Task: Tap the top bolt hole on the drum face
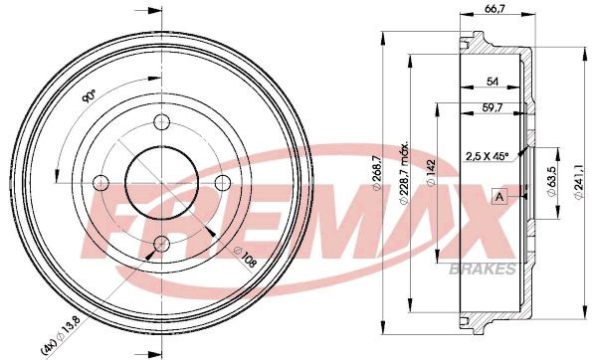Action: click(160, 123)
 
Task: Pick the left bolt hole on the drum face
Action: click(99, 182)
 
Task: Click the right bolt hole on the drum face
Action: click(222, 182)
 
